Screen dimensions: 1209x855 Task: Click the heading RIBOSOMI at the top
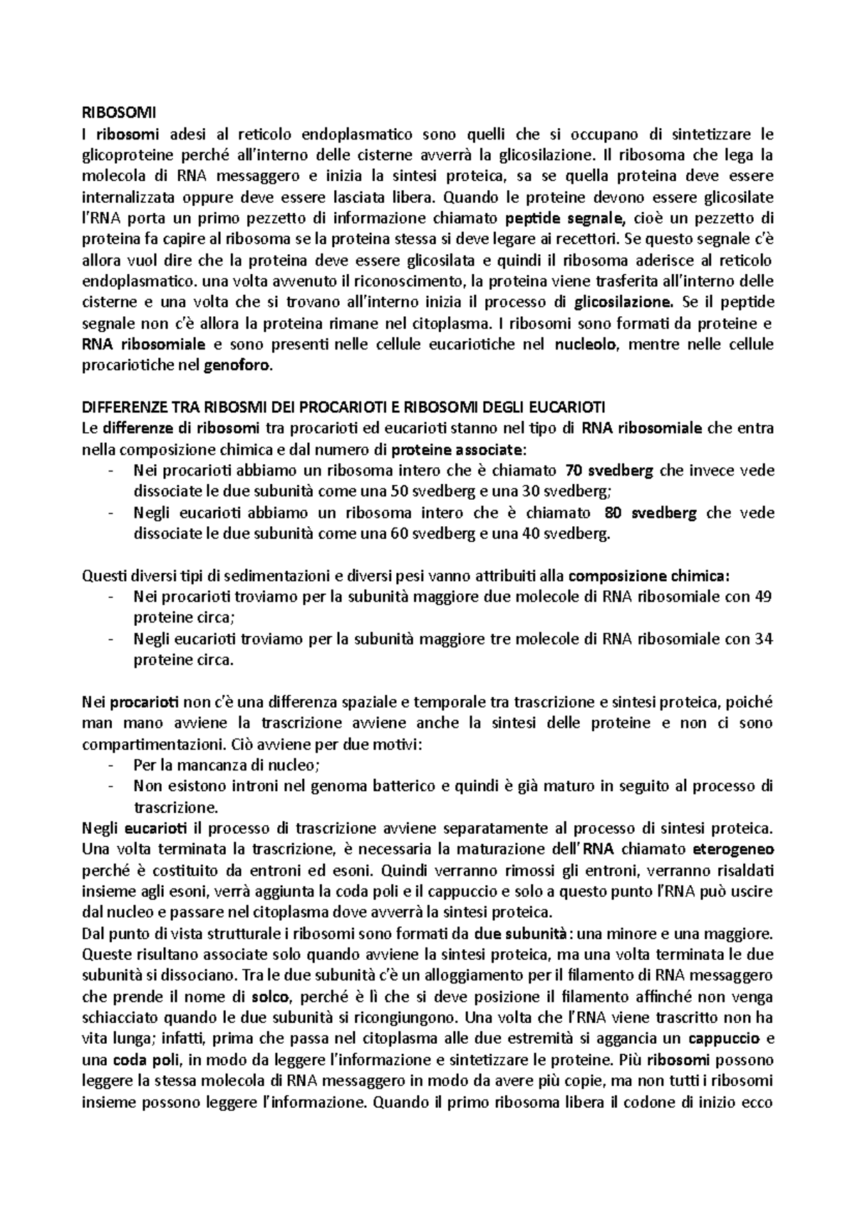[118, 112]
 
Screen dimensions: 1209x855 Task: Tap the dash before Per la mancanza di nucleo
[109, 765]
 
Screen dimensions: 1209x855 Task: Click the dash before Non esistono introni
[109, 787]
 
